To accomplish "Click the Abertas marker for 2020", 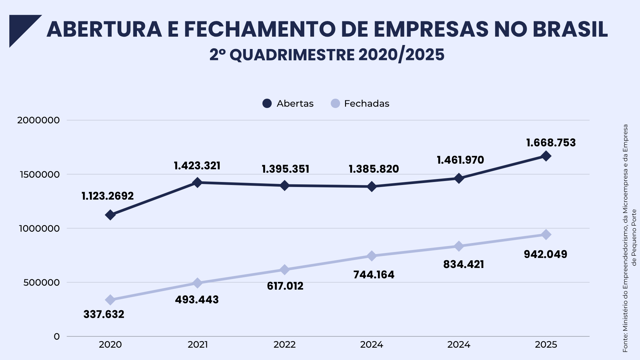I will (110, 215).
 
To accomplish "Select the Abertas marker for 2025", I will (546, 156).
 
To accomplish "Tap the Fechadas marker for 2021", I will (197, 283).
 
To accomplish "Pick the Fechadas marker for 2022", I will (285, 270).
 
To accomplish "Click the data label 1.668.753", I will (551, 143).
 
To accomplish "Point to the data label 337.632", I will (104, 314).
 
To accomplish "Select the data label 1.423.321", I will (197, 166).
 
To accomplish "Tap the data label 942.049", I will (545, 254).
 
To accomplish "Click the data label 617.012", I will (285, 286).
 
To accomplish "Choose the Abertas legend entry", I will (288, 104).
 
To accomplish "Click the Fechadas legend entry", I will (360, 104).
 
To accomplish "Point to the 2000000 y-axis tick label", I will (38, 120).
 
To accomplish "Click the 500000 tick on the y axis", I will (41, 283).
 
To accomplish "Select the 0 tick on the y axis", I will (57, 337).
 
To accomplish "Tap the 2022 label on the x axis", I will (285, 345).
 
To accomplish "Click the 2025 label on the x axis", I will (546, 345).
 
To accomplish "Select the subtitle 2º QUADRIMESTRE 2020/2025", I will (327, 55).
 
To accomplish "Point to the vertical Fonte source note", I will (629, 238).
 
